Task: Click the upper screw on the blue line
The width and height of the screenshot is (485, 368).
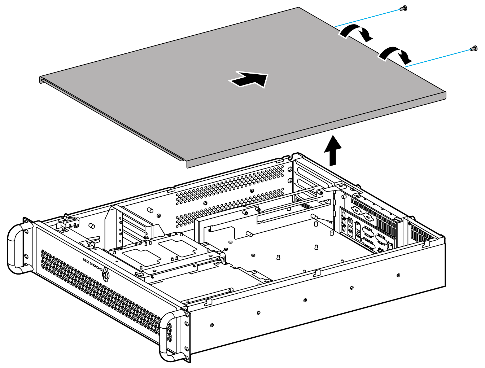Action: pos(404,8)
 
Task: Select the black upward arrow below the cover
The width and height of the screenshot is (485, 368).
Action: pos(332,150)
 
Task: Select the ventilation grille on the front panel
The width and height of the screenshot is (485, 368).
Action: pos(101,296)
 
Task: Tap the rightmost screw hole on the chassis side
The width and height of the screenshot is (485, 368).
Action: pos(398,275)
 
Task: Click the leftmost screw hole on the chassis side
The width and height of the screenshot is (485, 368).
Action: pos(211,325)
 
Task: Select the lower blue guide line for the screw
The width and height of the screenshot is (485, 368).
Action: pos(438,57)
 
